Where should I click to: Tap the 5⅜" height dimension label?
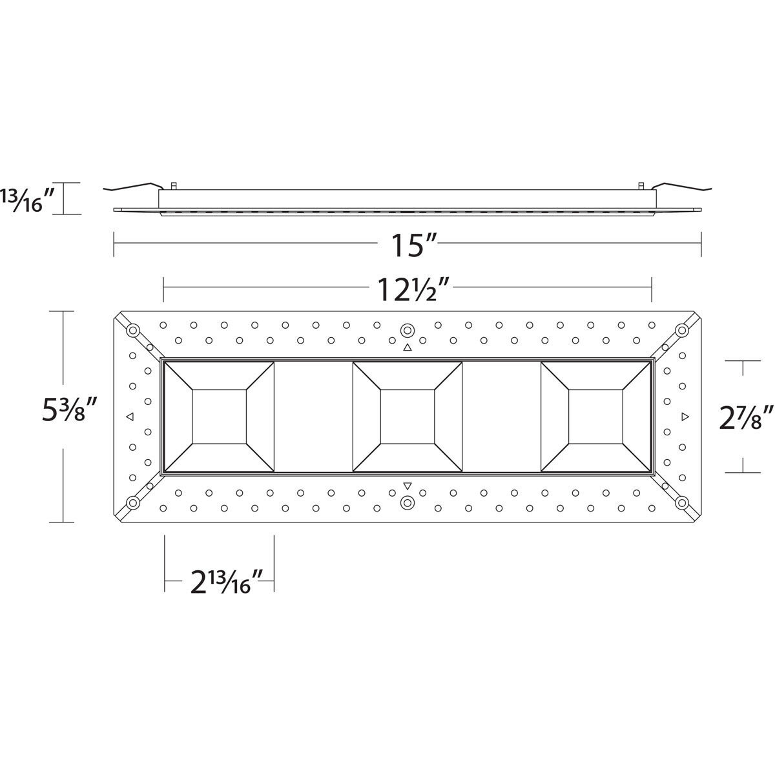69,410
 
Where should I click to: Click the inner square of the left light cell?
219,417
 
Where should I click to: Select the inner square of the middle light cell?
407,417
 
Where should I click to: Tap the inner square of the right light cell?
596,417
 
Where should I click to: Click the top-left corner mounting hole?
133,331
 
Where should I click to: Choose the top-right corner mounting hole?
681,331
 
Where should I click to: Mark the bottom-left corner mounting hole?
133,502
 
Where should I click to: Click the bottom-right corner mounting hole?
681,502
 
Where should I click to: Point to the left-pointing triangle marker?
130,417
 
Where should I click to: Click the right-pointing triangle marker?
685,417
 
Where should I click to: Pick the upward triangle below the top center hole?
407,348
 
